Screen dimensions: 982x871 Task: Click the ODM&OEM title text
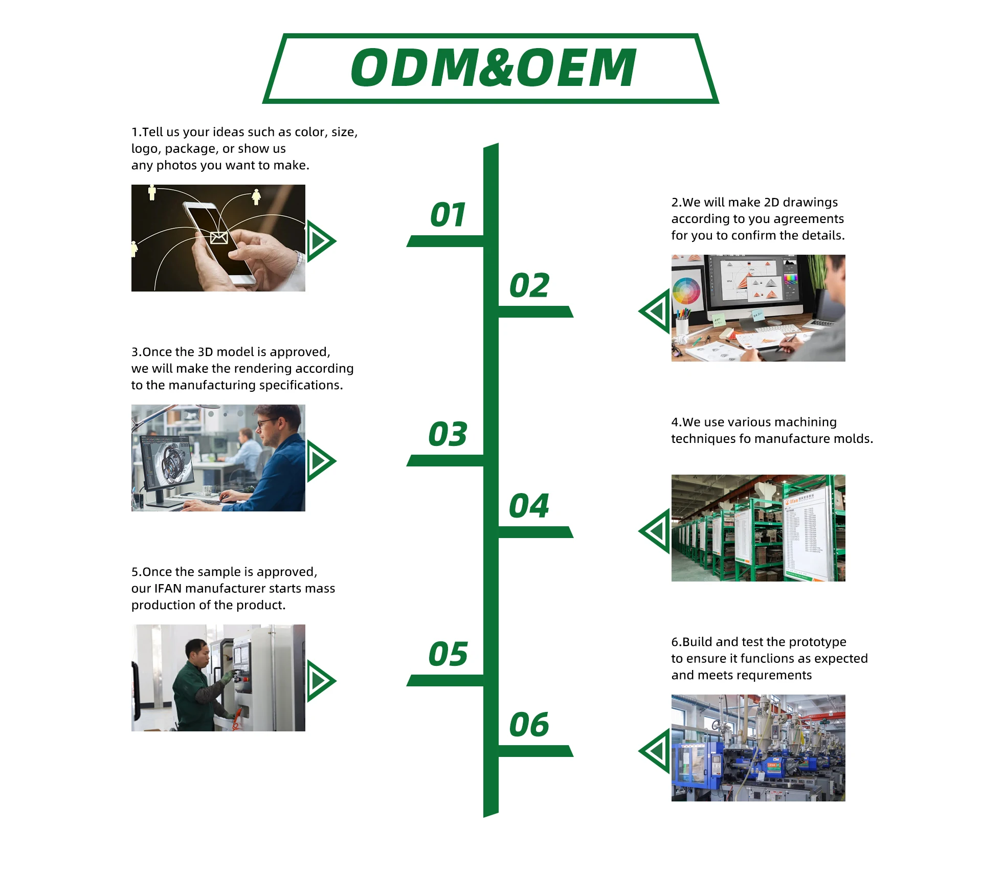click(494, 68)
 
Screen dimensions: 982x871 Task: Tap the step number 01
click(448, 214)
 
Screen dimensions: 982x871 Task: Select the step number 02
click(529, 285)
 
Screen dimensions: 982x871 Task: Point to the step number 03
click(448, 434)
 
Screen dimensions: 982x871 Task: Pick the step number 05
click(448, 654)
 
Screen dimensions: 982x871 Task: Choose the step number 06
click(529, 725)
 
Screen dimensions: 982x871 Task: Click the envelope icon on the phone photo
click(219, 237)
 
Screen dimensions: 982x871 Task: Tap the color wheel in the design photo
click(686, 291)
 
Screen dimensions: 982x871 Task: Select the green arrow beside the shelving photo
click(654, 531)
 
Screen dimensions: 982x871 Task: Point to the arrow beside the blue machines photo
click(654, 751)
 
